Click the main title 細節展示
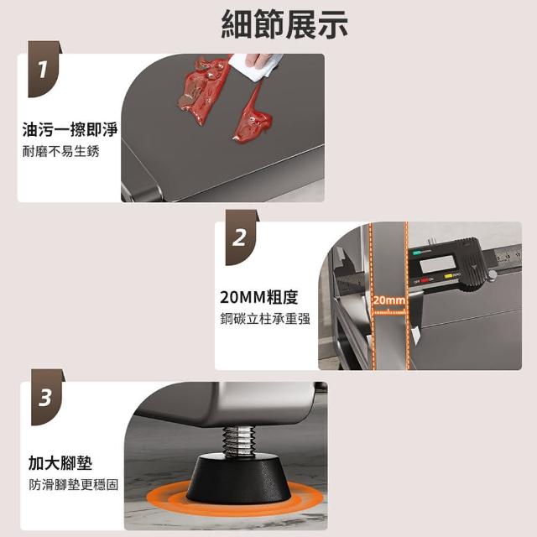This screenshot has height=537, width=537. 284,24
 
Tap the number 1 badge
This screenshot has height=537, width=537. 44,69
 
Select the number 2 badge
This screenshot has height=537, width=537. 241,237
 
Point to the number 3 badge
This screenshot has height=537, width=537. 47,397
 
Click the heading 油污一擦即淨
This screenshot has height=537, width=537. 70,130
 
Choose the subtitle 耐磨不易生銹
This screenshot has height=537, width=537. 61,151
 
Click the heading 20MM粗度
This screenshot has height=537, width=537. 259,297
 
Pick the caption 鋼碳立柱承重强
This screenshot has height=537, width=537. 265,319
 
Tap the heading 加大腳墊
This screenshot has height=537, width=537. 60,463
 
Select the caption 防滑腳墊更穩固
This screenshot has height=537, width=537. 74,485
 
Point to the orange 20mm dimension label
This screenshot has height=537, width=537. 389,300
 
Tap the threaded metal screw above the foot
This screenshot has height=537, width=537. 238,441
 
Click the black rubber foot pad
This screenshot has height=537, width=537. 238,479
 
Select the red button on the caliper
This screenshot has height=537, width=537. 425,279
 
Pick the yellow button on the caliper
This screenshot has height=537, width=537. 449,276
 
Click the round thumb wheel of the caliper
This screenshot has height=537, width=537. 492,274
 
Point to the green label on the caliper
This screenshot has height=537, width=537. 416,253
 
